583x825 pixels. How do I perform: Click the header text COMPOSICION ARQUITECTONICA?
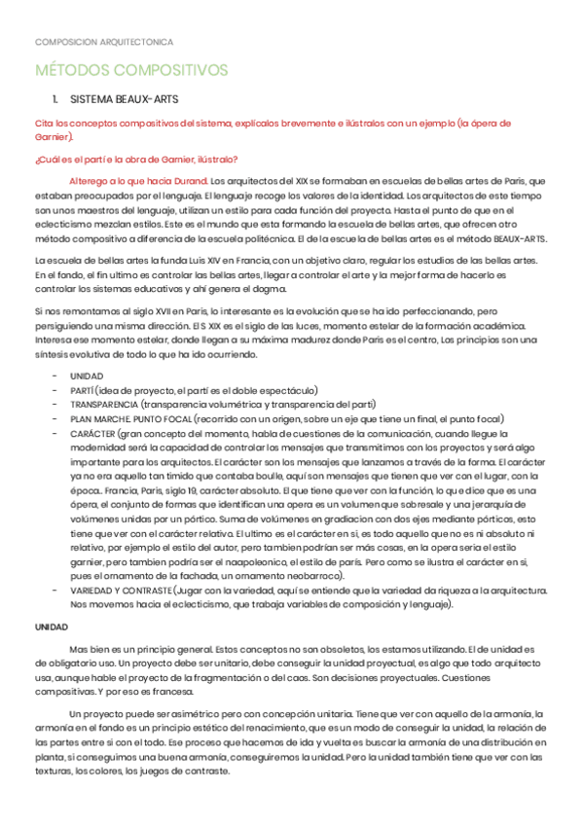click(x=104, y=42)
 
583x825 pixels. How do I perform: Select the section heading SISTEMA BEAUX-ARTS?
click(x=124, y=100)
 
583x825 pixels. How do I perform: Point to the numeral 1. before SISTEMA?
click(x=55, y=100)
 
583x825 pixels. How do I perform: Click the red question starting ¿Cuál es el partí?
click(x=135, y=160)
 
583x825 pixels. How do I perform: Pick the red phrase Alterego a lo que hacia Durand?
click(x=138, y=181)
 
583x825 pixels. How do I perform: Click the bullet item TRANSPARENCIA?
click(x=102, y=405)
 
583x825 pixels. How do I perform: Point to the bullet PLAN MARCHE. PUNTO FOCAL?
click(x=129, y=419)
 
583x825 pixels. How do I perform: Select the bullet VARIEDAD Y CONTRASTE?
click(x=121, y=592)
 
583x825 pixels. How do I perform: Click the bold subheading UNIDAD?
click(x=51, y=628)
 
